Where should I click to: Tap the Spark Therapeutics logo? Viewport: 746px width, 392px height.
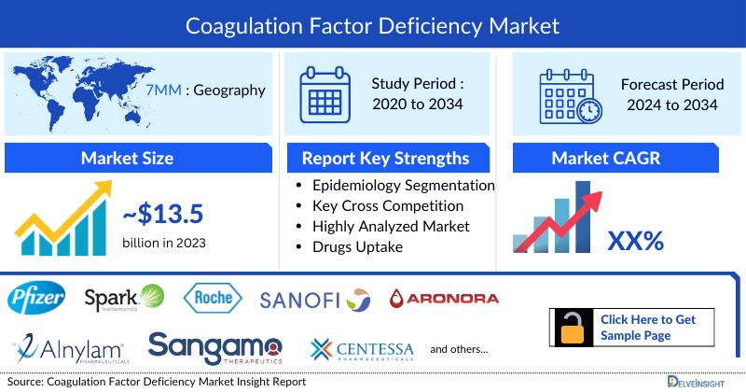click(x=123, y=299)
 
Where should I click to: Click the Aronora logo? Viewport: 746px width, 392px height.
click(x=443, y=299)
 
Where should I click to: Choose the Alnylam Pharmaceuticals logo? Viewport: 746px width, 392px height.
click(x=71, y=349)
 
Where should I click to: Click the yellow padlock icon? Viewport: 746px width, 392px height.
click(x=572, y=328)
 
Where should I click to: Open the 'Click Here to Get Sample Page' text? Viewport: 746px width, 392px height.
click(x=647, y=327)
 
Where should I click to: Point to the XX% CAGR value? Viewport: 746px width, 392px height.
click(x=635, y=241)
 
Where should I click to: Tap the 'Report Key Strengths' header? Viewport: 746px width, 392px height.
click(x=385, y=158)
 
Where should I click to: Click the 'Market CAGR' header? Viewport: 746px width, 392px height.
click(x=607, y=158)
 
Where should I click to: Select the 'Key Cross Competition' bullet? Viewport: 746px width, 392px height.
click(x=388, y=205)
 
